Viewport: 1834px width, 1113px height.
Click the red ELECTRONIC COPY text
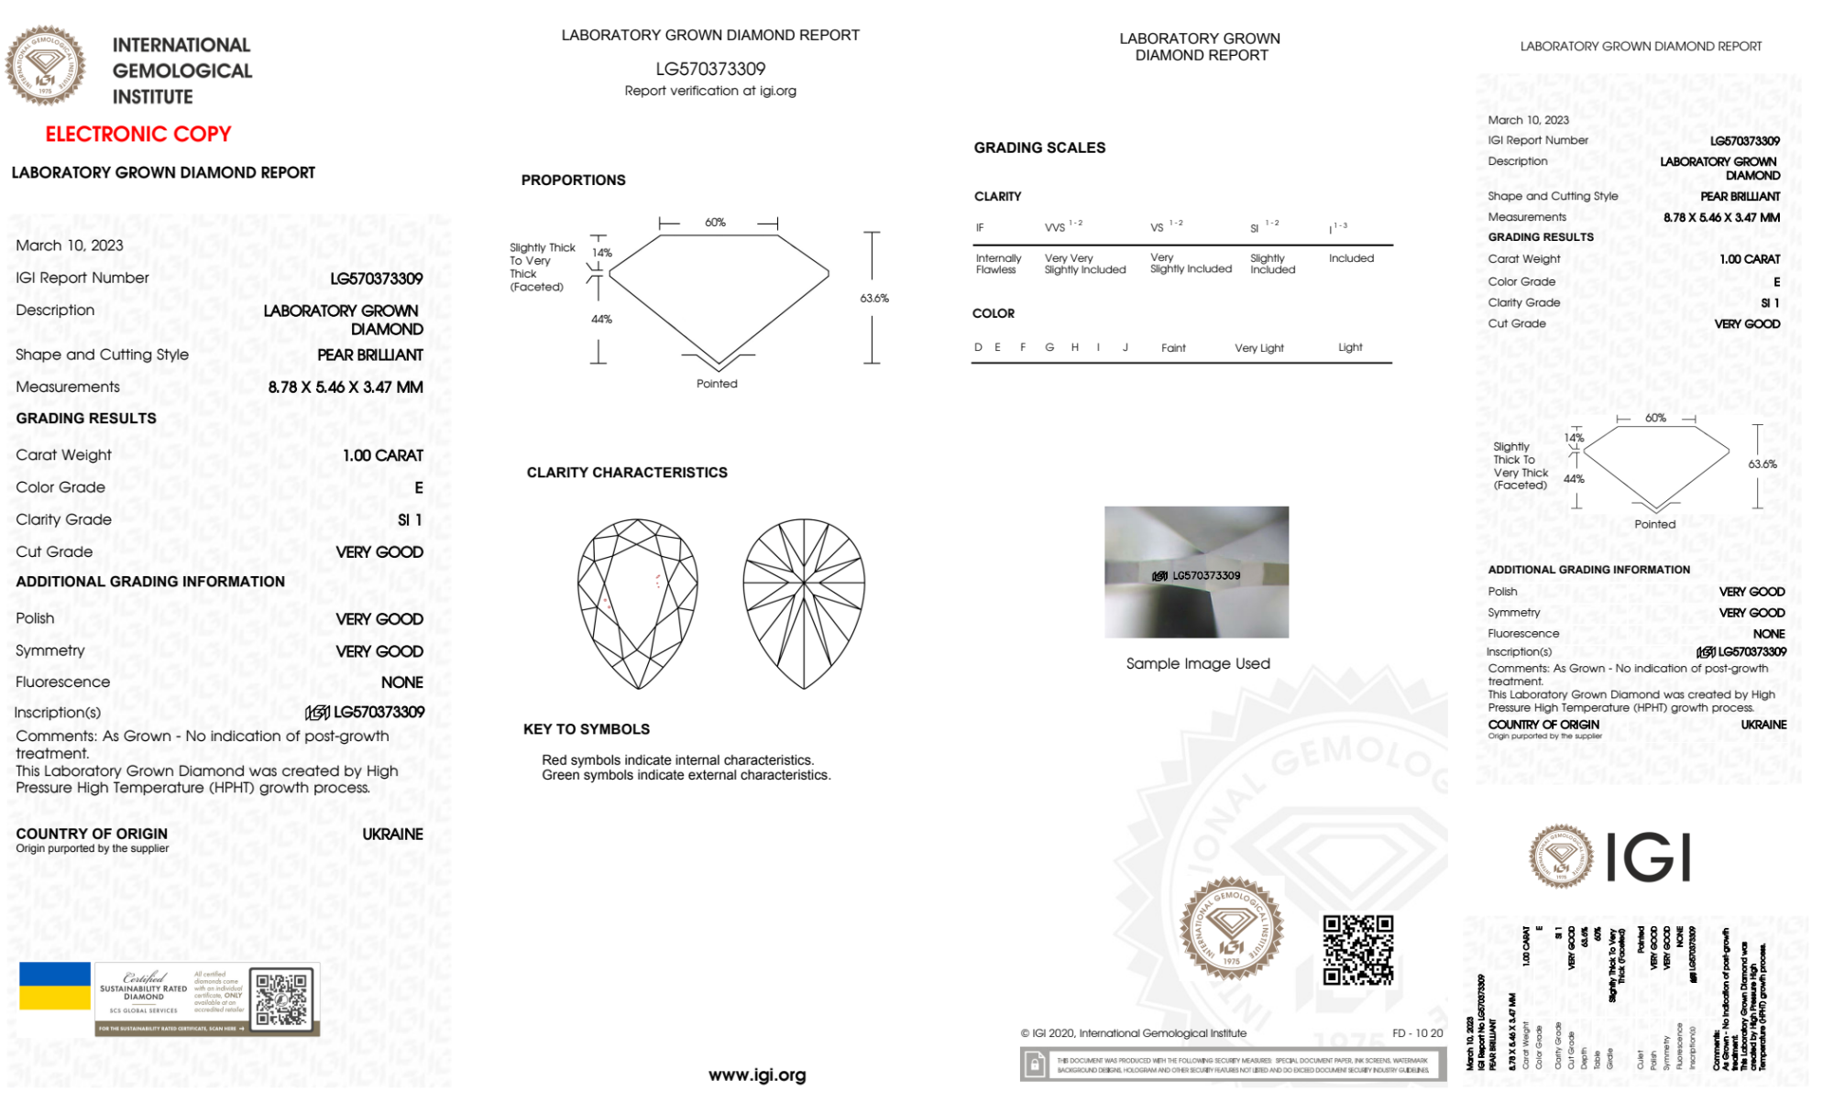click(137, 134)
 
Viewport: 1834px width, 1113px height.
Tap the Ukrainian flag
click(55, 986)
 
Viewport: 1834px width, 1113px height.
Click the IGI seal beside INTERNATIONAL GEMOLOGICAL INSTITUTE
click(45, 65)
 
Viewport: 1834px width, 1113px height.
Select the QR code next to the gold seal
click(1357, 950)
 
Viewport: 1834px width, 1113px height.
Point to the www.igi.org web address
click(757, 1075)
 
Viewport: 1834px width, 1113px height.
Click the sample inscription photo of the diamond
click(1196, 572)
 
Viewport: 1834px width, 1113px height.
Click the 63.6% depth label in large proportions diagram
click(874, 298)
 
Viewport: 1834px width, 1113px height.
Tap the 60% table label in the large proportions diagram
click(715, 223)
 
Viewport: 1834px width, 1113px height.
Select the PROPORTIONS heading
click(573, 180)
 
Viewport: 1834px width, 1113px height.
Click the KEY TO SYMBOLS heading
click(586, 729)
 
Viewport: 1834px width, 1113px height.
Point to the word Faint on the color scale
click(1173, 348)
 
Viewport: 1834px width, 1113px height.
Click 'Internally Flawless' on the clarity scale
click(998, 264)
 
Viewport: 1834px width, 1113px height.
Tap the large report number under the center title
click(710, 69)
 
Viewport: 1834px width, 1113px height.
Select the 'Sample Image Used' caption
click(1198, 663)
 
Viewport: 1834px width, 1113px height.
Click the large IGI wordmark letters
click(1649, 858)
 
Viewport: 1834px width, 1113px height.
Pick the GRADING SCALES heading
click(1039, 147)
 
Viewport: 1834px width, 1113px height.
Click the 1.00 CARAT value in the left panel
click(383, 455)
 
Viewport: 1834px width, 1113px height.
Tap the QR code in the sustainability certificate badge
click(281, 998)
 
